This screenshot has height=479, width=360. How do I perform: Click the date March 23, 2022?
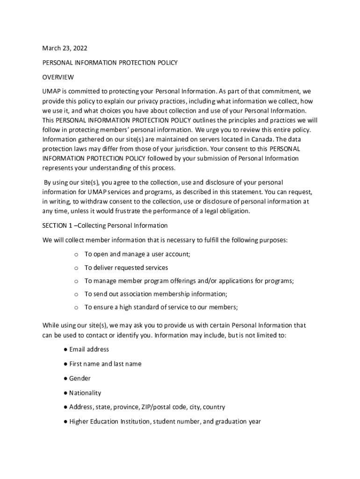pos(65,48)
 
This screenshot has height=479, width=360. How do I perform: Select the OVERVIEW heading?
pos(58,77)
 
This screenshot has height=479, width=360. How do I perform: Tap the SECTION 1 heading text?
pos(105,225)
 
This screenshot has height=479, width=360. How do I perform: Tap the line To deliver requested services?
pos(126,268)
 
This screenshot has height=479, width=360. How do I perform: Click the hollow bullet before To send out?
pos(76,295)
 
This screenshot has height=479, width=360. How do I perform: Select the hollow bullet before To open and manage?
pos(76,255)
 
